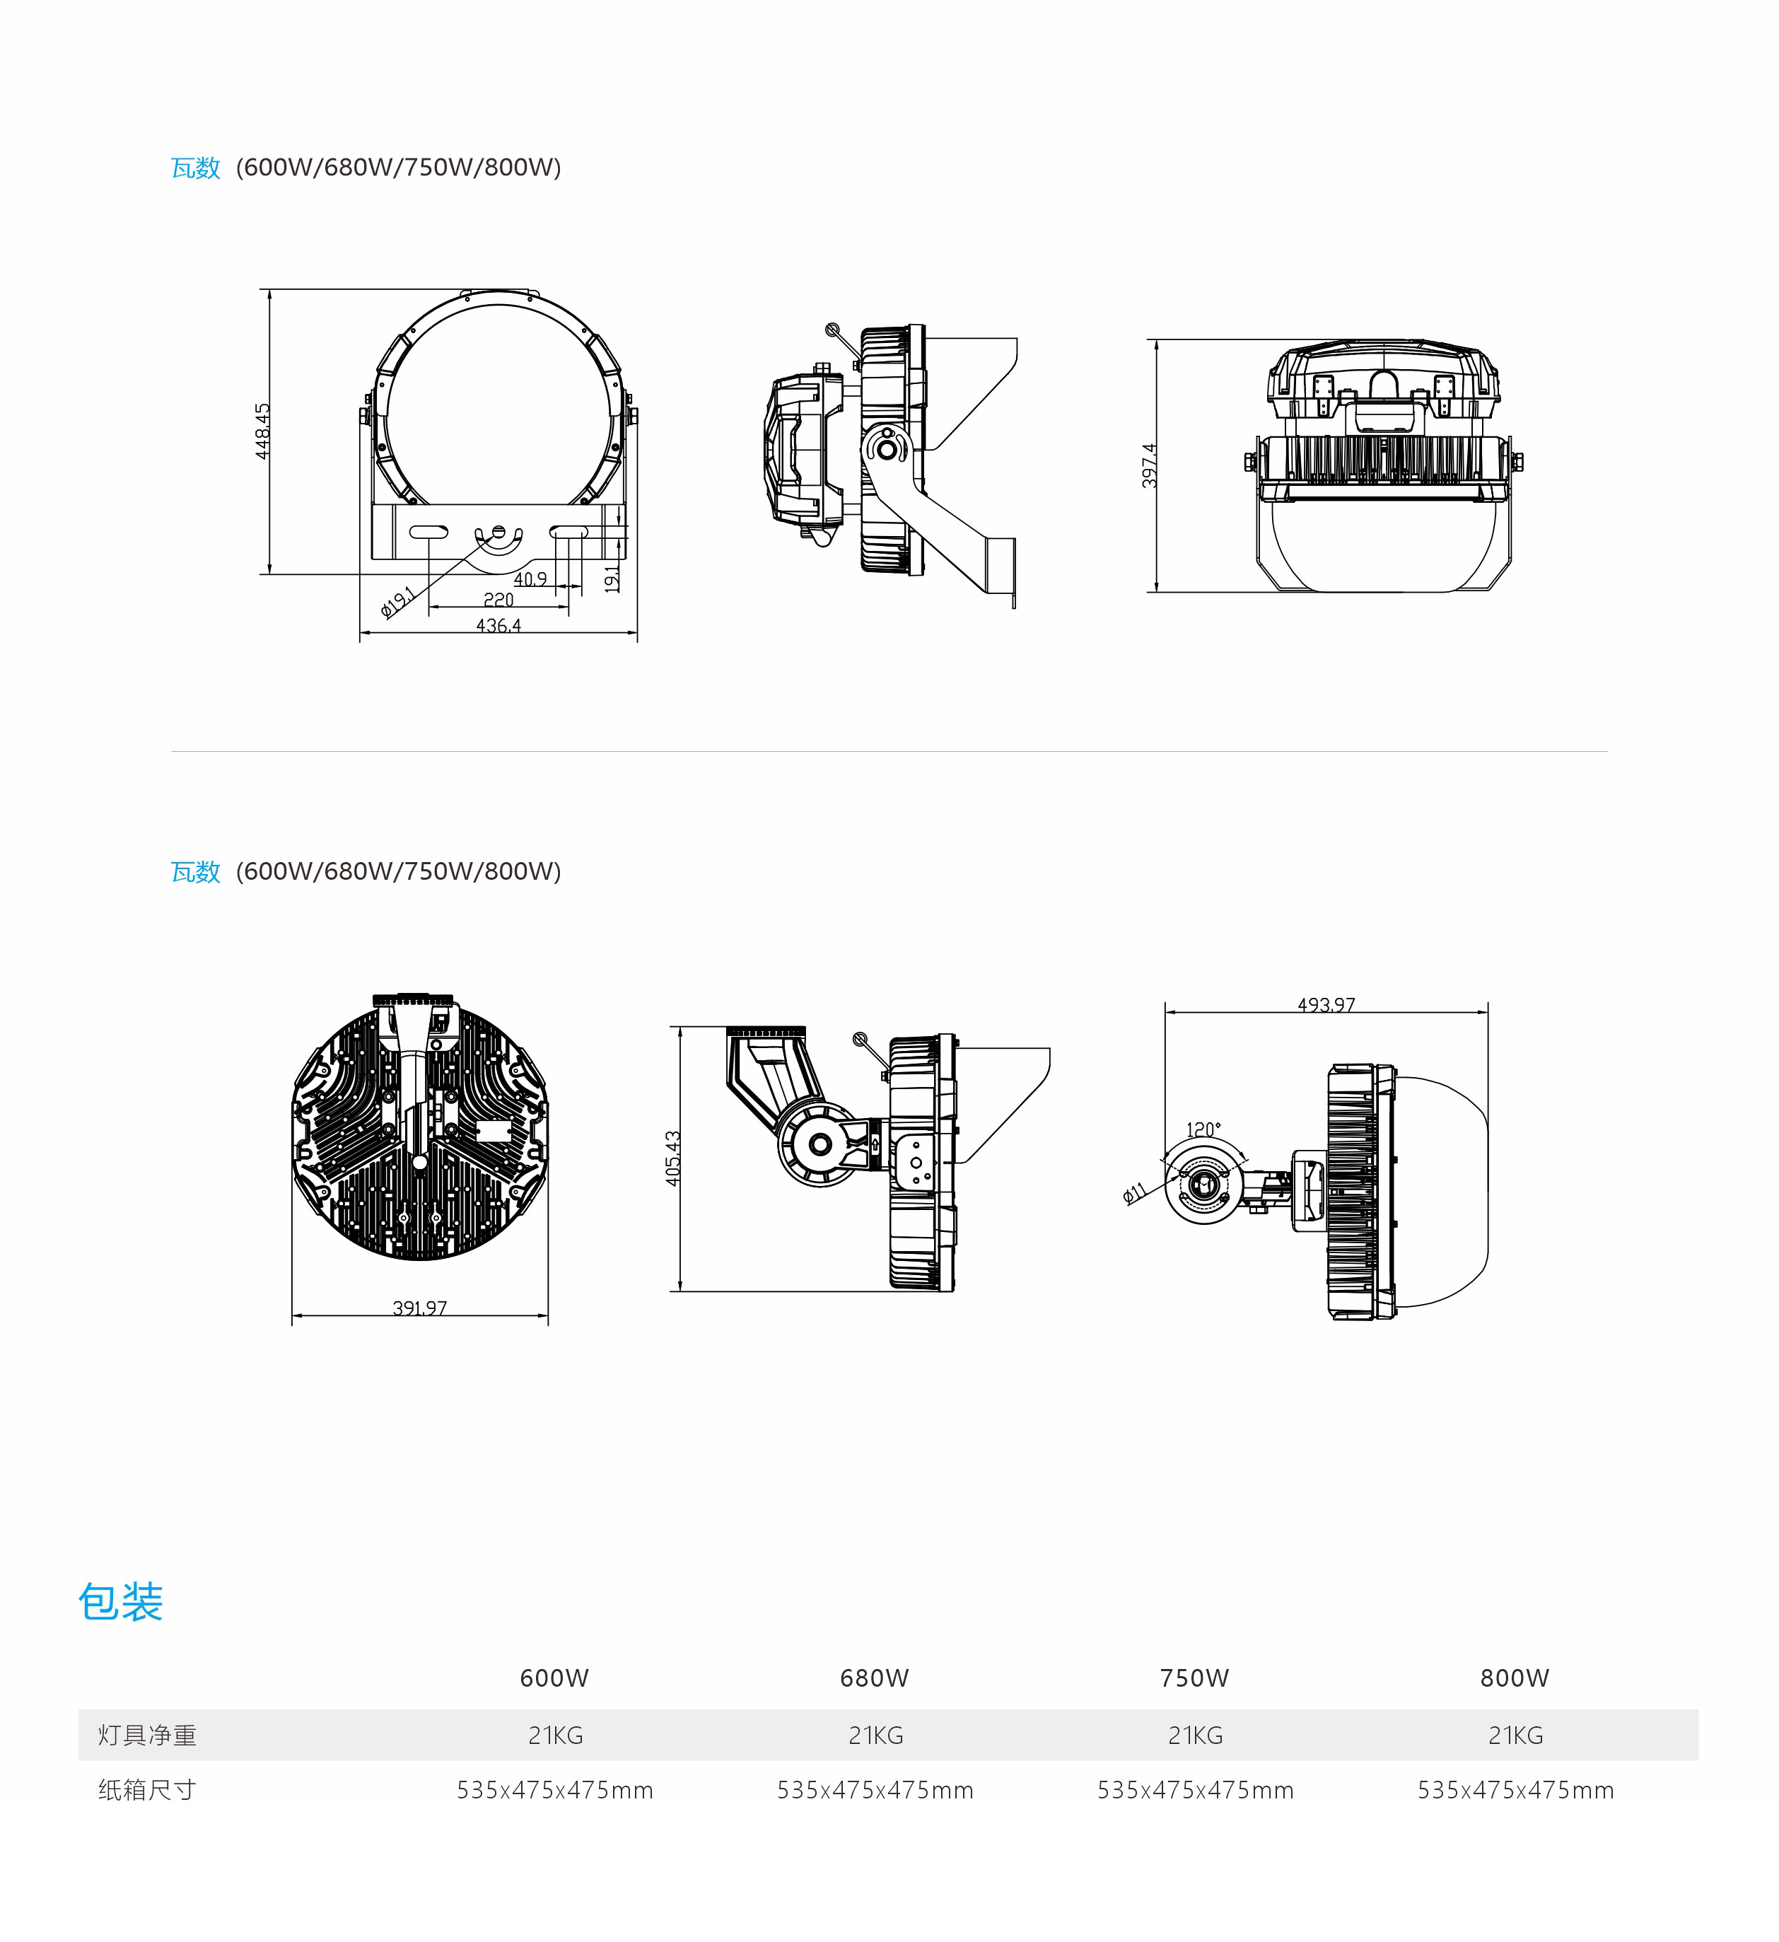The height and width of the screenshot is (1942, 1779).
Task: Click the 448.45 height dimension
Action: [263, 431]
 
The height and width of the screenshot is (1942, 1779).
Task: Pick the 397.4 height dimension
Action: [1149, 465]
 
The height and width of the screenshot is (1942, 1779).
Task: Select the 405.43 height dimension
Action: [673, 1158]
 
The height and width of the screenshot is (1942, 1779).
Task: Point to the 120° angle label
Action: [1203, 1129]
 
